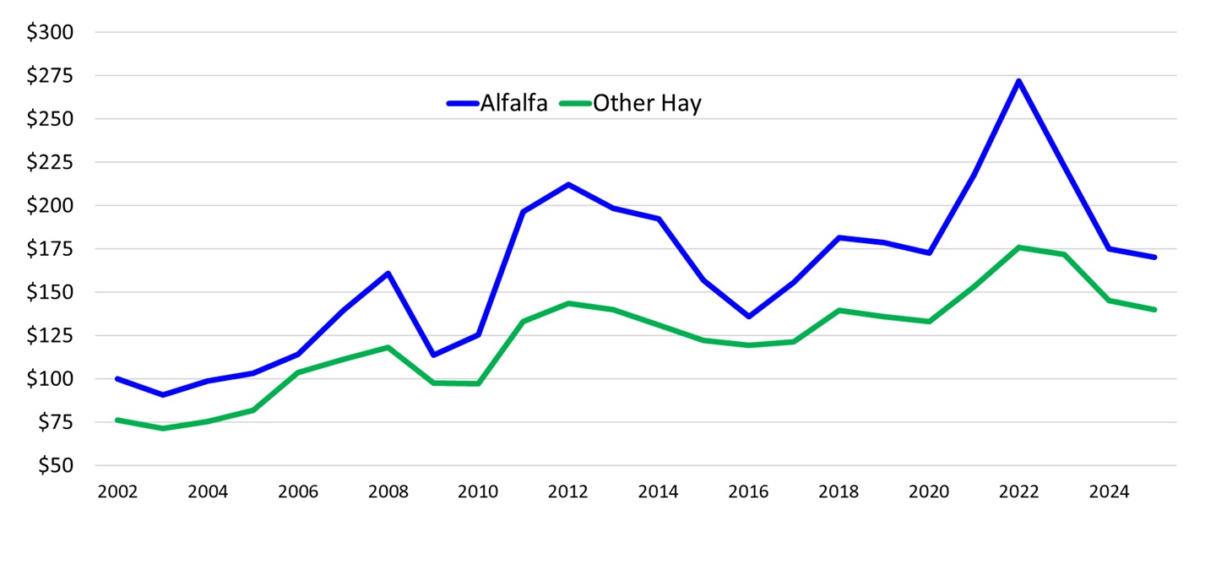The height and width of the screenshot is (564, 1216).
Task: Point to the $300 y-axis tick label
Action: click(x=51, y=33)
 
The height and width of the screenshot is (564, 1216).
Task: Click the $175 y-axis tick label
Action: click(x=51, y=249)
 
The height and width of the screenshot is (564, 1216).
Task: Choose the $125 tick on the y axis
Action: click(x=51, y=336)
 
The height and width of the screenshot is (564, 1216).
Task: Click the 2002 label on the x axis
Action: click(x=117, y=492)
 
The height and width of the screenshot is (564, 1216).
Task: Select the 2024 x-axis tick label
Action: click(x=1109, y=492)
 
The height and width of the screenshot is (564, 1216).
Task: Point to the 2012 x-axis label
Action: click(x=567, y=492)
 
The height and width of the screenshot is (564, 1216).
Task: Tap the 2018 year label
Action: click(x=839, y=492)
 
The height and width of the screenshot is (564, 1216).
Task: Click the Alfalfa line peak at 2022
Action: click(x=1019, y=81)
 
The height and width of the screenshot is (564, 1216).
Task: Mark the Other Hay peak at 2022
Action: click(x=1019, y=247)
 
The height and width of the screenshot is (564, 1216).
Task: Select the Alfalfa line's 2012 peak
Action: click(x=568, y=184)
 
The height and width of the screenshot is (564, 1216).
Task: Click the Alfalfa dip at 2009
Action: click(x=433, y=355)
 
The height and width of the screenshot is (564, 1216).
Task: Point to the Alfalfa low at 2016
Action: click(x=748, y=317)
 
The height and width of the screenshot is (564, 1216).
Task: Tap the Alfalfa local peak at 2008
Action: click(x=388, y=273)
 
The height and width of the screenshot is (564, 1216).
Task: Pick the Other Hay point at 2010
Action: click(x=478, y=384)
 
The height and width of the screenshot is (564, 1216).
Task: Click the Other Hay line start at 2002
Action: click(x=117, y=420)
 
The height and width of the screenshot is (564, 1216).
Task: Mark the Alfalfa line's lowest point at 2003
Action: click(x=162, y=395)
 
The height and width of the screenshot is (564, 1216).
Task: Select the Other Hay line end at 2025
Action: click(x=1154, y=310)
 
